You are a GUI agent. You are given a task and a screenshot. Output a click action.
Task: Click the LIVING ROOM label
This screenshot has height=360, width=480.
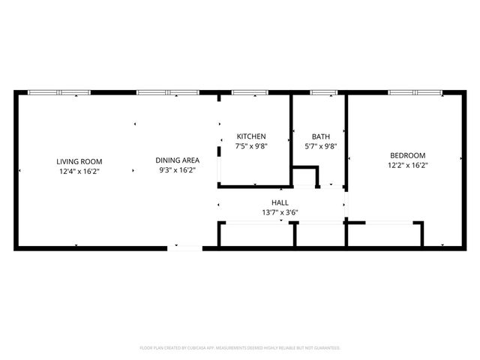79,161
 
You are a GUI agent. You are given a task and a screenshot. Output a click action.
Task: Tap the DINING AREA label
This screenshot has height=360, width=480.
177,160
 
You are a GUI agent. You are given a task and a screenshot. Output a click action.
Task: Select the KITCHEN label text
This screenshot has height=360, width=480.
251,136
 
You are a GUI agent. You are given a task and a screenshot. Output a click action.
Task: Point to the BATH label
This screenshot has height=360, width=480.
320,136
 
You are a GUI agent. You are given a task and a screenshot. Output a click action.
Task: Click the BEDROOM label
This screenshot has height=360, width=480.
407,155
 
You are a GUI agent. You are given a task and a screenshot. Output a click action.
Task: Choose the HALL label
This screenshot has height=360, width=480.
280,202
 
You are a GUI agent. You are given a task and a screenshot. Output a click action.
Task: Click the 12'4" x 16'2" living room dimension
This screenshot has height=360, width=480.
79,171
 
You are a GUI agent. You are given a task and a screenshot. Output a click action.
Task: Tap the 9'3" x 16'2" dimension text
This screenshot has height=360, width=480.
177,170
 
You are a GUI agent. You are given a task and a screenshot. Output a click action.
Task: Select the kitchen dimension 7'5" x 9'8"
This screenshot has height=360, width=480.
251,146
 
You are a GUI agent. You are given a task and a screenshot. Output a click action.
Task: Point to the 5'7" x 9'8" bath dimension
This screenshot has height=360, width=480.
320,146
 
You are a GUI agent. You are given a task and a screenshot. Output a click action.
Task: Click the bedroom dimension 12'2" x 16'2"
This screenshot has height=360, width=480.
407,165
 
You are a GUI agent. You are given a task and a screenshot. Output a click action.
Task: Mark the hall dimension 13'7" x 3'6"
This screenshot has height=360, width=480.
280,212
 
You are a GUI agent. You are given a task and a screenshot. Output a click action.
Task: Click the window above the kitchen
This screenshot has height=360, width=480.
250,92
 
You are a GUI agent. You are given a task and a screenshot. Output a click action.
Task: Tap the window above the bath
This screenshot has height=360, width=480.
323,92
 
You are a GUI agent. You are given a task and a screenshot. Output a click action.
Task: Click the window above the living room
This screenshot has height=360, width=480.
59,92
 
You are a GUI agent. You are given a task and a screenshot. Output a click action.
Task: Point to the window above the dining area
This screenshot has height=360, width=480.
166,92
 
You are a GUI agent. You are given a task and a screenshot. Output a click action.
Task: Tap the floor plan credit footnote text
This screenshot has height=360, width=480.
240,348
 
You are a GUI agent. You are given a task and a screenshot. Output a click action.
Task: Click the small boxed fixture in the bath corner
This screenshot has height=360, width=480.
304,177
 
